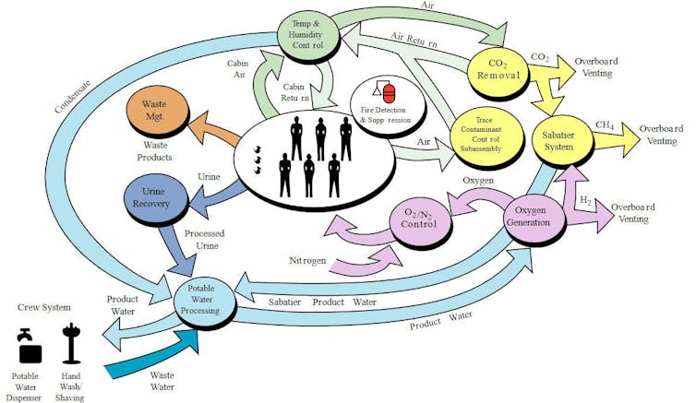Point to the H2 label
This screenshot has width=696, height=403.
[584, 200]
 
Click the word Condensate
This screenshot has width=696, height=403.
[70, 92]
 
